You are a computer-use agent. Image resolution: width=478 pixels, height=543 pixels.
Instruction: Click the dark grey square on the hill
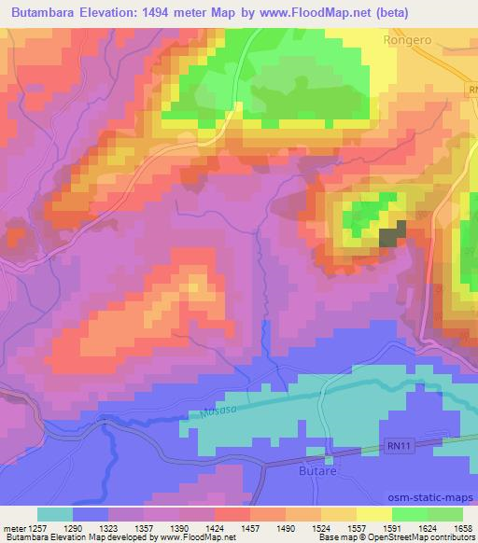coord(393,233)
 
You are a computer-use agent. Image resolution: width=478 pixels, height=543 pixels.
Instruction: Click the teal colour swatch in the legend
coord(54,514)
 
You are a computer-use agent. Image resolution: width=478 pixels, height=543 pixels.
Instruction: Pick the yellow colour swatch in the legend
coord(374,514)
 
